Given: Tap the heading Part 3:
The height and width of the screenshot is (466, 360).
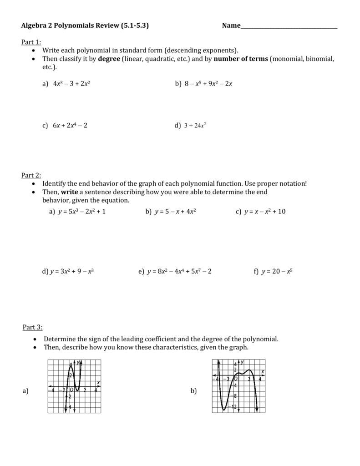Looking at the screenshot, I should (32, 327).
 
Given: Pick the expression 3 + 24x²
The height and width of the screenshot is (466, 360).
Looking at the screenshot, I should (195, 126).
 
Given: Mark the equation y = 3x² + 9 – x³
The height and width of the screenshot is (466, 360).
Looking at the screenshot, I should (72, 271).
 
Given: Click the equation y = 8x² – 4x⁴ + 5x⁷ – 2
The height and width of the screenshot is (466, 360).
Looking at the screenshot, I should (179, 271).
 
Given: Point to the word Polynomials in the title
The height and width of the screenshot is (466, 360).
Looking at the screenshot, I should (74, 26).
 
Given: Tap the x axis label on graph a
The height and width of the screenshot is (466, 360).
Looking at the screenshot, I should (98, 382).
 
